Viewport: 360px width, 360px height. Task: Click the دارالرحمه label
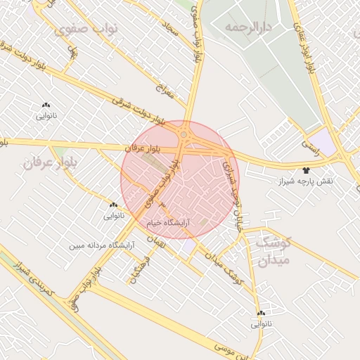coord(248,27)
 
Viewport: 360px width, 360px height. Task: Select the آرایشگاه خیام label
coord(165,222)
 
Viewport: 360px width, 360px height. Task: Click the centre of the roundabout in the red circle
coord(184,133)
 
